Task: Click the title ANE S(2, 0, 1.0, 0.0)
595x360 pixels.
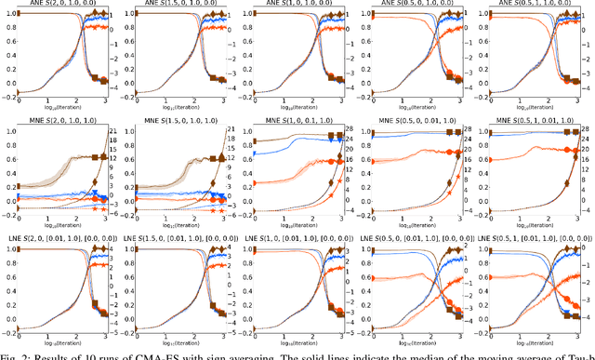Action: [61, 6]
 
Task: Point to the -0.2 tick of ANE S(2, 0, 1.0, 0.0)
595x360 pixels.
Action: [7, 94]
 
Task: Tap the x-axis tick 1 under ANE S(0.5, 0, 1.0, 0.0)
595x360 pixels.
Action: [402, 99]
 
